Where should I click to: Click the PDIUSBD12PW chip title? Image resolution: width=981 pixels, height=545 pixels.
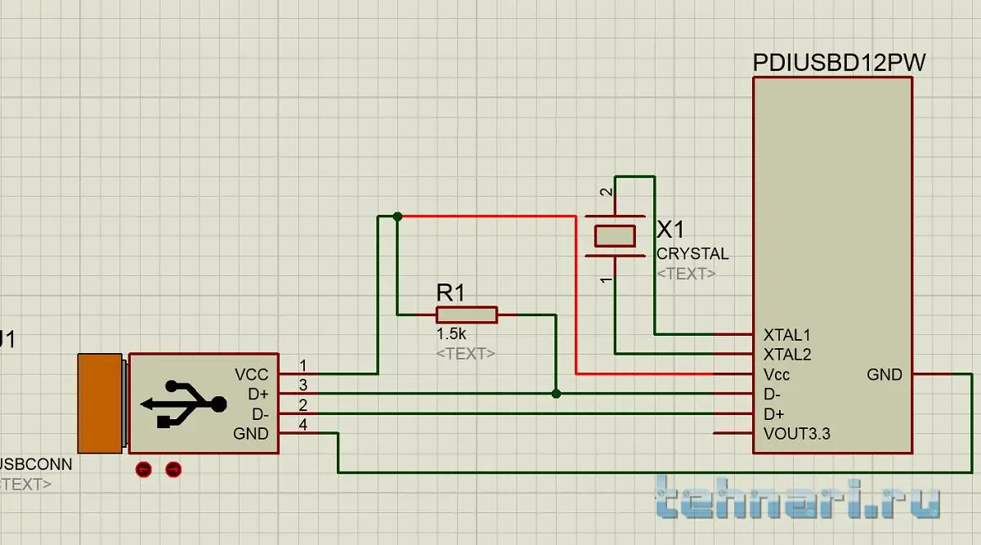coord(839,63)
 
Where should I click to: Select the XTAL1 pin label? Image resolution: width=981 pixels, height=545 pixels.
coord(786,335)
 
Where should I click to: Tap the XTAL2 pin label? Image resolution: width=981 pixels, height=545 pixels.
coord(786,355)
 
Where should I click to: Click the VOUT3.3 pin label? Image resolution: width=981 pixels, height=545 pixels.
coord(796,434)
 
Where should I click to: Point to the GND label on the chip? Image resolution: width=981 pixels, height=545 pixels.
coord(885,375)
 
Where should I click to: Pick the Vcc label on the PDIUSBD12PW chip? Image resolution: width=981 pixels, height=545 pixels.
coord(777,375)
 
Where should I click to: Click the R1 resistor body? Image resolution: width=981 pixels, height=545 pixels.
coord(466,315)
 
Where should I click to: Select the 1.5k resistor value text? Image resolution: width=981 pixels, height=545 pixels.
coord(450,334)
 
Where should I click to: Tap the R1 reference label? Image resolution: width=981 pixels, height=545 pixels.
coord(450,292)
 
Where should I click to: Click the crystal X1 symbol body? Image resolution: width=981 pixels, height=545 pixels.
coord(615,235)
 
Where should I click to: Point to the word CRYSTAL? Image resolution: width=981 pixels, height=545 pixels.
coord(692,254)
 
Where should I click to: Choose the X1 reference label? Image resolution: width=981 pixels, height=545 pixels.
coord(672,230)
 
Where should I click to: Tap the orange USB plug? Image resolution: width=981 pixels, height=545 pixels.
coord(100,403)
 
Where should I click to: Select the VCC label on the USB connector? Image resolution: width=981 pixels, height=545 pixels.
coord(251,375)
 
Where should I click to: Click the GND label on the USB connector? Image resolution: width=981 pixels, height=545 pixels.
coord(250,434)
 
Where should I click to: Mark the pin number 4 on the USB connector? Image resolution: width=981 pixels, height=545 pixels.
coord(303,425)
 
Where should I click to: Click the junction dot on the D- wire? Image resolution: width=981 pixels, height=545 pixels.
coord(556,394)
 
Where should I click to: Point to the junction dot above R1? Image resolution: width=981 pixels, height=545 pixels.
coord(397,217)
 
